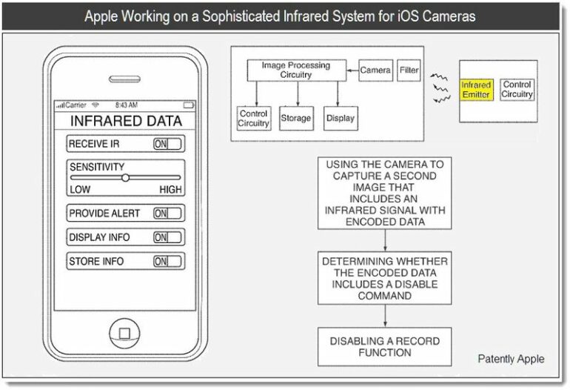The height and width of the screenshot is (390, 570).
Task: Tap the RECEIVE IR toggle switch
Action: pos(167,144)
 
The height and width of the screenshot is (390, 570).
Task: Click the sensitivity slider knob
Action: pos(125,178)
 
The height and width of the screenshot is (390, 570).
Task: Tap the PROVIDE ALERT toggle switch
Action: pos(167,213)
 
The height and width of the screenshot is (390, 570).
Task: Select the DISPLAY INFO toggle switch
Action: pos(167,237)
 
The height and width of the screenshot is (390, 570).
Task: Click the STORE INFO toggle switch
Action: pos(167,261)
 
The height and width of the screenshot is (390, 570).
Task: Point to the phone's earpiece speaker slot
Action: pos(124,79)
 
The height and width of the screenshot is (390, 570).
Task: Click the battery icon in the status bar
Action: pos(189,105)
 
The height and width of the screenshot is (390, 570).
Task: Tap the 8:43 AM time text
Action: pos(127,105)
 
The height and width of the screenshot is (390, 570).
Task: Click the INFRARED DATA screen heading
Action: pos(126,121)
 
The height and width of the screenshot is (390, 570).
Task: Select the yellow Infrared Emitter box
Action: pos(476,90)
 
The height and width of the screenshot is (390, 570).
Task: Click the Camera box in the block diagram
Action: pos(375,70)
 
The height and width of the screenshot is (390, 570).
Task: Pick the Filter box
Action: pos(409,70)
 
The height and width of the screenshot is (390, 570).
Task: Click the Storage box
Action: pos(296,119)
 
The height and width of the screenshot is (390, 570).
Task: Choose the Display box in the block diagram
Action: pos(341,119)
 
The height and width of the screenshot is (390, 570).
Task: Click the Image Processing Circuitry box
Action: pos(296,70)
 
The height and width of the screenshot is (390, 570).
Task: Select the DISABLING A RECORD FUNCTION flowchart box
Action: pos(385,347)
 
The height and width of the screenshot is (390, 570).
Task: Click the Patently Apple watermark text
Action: pos(511,359)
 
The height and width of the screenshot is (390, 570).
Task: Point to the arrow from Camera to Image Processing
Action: pos(352,70)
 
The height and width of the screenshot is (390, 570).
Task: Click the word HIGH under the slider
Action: pos(170,190)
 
